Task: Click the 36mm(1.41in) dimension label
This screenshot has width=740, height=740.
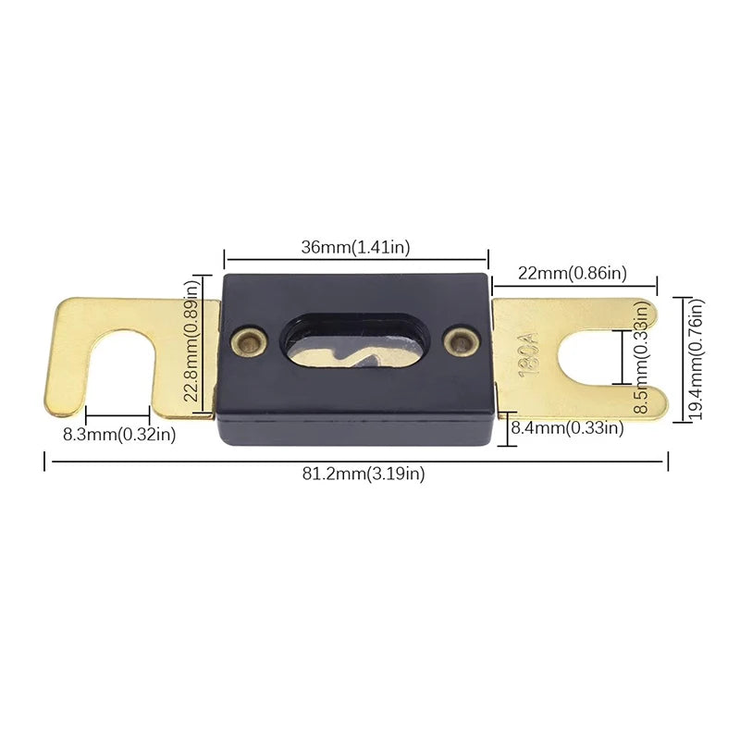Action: click(355, 247)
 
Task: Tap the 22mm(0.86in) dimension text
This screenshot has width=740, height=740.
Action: click(573, 273)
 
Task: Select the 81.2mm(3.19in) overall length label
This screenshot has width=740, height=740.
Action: click(364, 473)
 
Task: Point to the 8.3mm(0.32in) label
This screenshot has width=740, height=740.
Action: click(119, 434)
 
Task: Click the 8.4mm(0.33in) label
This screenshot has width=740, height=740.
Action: click(567, 427)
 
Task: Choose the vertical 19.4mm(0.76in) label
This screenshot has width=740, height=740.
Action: click(696, 359)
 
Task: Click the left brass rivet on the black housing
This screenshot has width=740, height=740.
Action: click(249, 340)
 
